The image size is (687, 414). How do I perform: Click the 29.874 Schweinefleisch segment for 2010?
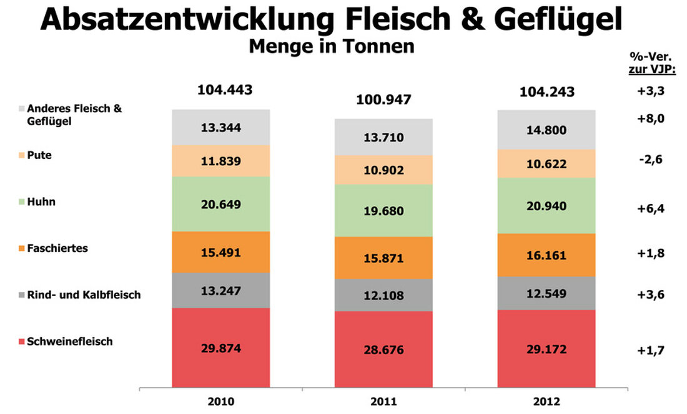[x=221, y=347]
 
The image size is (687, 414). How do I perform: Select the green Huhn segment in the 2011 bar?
[x=383, y=211]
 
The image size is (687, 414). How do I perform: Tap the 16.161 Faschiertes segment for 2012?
[x=546, y=255]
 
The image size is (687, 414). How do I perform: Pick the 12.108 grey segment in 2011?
[x=383, y=295]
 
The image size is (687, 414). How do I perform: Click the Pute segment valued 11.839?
[x=221, y=161]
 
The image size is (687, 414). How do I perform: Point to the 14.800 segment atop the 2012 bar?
[x=546, y=130]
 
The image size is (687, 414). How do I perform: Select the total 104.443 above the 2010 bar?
[x=225, y=90]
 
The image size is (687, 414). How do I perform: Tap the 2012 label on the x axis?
[x=546, y=401]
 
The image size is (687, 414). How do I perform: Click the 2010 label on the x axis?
[x=221, y=401]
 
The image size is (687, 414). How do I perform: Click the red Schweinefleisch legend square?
[x=22, y=342]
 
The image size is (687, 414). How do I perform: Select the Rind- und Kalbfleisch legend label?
[x=84, y=294]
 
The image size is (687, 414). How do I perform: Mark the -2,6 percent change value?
[x=650, y=160]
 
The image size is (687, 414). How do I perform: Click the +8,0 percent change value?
[x=650, y=118]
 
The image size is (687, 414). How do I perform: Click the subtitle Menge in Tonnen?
[x=331, y=46]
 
